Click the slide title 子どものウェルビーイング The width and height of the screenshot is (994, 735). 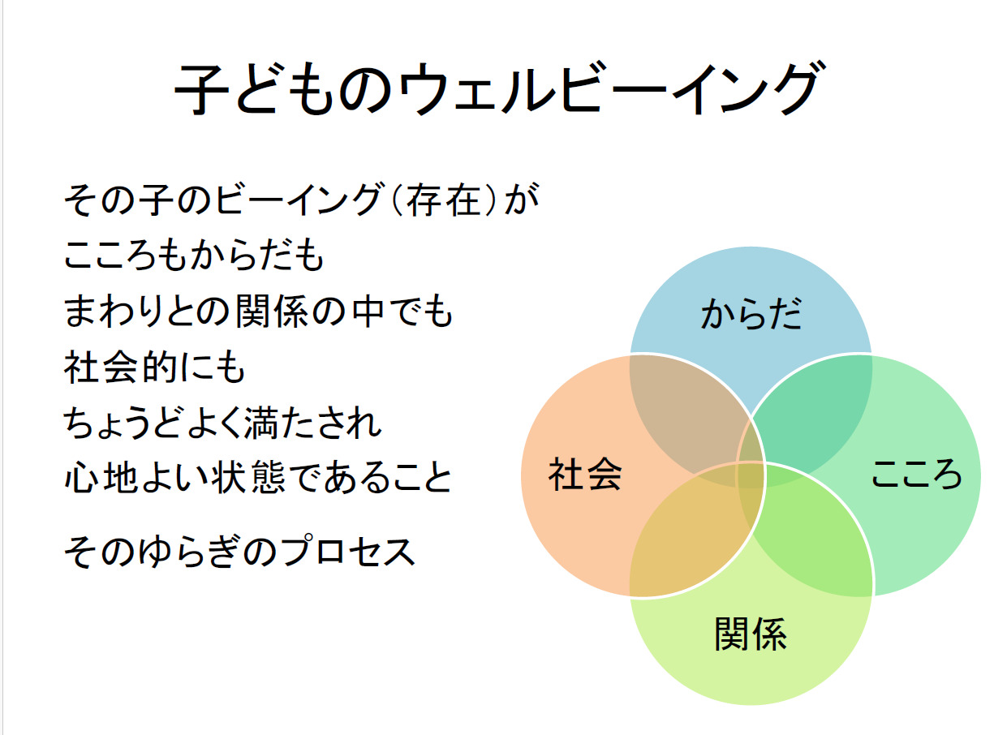(x=499, y=88)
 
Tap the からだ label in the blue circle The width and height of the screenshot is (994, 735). (x=751, y=314)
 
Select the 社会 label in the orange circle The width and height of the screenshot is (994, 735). (x=585, y=474)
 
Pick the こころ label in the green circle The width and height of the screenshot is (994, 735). (x=916, y=473)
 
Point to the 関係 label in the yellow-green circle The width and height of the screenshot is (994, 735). (x=751, y=634)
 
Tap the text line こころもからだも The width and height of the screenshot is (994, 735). (x=194, y=256)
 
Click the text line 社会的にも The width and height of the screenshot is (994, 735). (x=155, y=367)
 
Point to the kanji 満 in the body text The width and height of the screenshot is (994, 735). (x=262, y=422)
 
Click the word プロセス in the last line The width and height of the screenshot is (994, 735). (x=348, y=551)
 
